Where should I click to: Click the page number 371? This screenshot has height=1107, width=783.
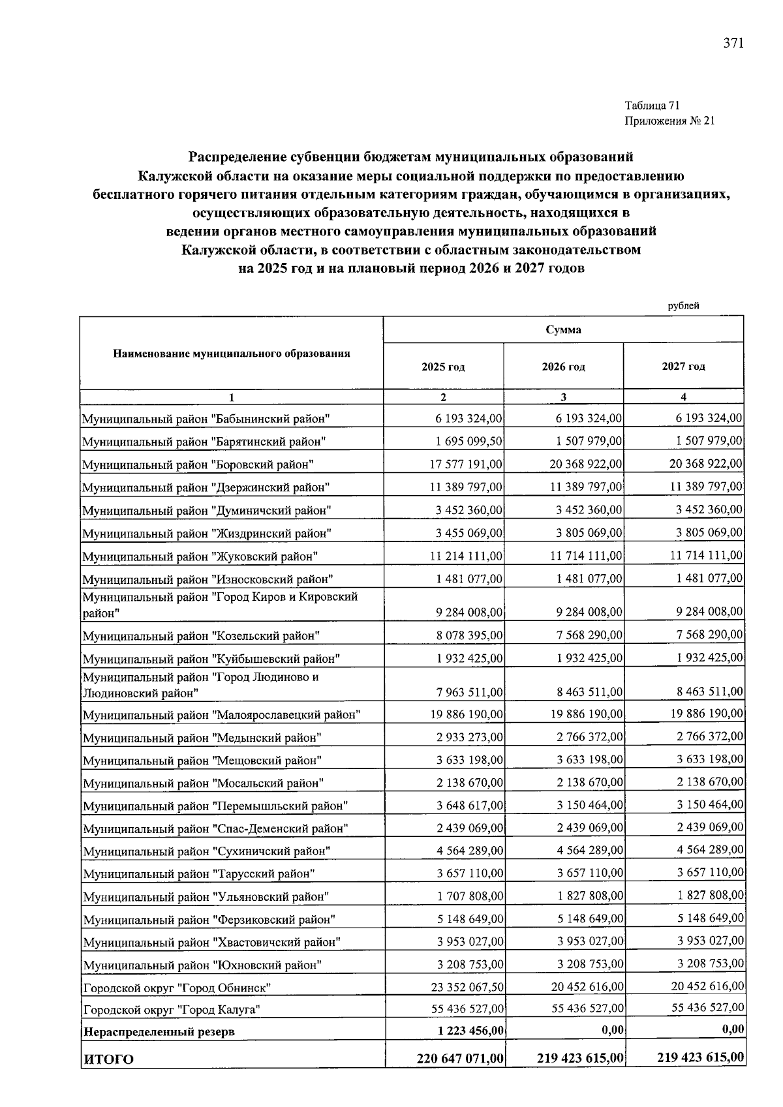733,44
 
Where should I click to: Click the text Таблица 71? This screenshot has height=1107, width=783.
652,106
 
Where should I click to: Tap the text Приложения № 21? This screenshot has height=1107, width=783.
669,121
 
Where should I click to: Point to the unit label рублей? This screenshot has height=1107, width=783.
683,306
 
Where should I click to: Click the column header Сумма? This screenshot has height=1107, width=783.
563,330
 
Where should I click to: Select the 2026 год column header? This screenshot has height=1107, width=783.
563,367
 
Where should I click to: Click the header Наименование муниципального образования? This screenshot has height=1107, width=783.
232,354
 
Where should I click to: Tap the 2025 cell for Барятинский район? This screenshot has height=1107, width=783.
468,442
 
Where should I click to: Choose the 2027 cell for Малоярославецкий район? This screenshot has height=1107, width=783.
706,714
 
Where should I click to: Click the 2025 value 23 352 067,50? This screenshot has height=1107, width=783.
465,987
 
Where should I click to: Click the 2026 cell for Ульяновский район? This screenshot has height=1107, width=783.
589,896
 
